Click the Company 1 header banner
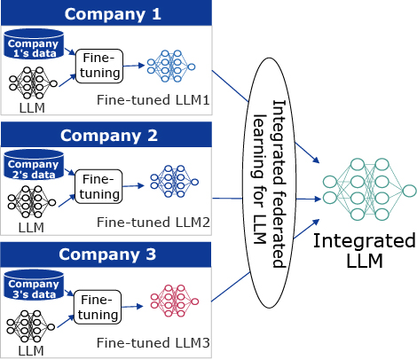(x=106, y=12)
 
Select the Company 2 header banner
(x=106, y=135)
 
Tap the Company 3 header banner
(x=106, y=254)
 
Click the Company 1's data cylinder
(x=34, y=44)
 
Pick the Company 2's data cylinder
(x=34, y=165)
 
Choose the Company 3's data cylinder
(x=34, y=285)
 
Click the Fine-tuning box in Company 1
(x=99, y=66)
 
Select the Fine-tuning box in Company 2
(x=98, y=186)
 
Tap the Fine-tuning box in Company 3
(x=98, y=307)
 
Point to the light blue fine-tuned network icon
(x=171, y=67)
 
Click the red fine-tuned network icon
(x=174, y=301)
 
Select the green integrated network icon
(x=369, y=190)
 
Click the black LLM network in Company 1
(x=33, y=83)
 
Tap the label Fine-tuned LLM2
(x=153, y=223)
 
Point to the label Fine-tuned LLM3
(x=153, y=343)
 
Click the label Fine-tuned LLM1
(x=153, y=100)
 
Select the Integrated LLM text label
(x=365, y=251)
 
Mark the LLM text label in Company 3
(x=31, y=351)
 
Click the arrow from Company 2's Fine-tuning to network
(x=133, y=186)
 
